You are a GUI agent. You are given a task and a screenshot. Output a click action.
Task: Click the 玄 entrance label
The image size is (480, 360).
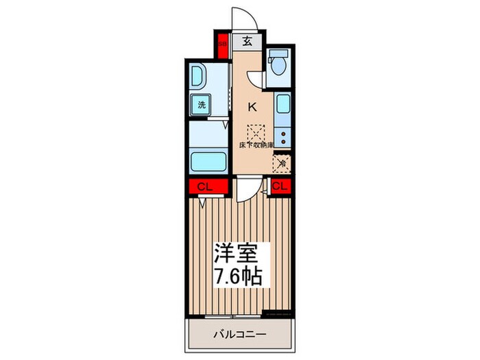pos(247,42)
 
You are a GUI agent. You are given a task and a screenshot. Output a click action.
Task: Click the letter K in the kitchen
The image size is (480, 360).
pos(252,106)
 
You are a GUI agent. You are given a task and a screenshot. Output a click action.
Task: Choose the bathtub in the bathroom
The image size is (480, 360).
pos(208,162)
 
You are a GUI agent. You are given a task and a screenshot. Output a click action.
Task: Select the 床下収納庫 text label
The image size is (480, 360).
pos(256,145)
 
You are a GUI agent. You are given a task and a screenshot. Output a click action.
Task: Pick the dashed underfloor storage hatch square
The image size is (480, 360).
pos(256,131)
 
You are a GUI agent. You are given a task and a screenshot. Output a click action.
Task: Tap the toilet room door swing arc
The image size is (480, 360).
pos(256,78)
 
